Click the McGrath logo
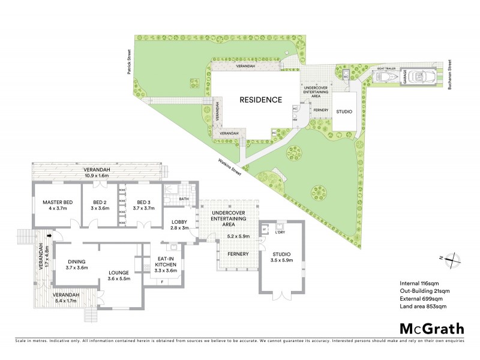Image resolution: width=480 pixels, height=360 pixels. pos(432,328)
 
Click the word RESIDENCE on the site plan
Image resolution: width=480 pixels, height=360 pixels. pos(261,100)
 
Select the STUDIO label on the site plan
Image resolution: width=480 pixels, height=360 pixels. pos(344,112)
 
